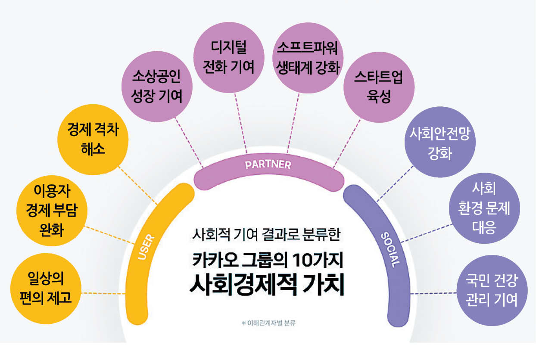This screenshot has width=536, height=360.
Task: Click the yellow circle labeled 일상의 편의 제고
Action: click(46, 289)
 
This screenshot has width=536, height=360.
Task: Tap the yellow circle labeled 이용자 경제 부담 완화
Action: click(52, 211)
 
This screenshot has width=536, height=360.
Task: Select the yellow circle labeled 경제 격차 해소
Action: click(93, 140)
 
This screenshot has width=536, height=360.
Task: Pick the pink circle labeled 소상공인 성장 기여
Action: click(157, 87)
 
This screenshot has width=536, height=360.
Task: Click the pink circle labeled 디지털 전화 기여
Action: click(229, 57)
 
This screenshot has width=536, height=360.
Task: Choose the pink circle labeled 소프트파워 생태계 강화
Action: click(308, 58)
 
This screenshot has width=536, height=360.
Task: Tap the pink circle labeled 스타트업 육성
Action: click(379, 87)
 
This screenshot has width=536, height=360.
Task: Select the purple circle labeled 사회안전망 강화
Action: click(440, 142)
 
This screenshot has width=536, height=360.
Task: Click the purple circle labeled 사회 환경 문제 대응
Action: click(485, 208)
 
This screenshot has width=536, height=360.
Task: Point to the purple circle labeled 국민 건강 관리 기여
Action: click(492, 290)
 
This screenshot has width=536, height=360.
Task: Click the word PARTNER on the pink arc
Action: click(268, 164)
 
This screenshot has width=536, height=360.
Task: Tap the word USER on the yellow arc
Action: click(146, 247)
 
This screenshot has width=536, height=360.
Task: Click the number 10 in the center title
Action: click(303, 260)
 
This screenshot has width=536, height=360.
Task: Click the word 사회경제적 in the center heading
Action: click(243, 284)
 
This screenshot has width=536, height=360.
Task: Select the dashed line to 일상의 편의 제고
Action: click(103, 293)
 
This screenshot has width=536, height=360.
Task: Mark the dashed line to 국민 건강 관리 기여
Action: click(433, 293)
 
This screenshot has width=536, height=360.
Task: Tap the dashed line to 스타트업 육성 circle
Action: click(347, 143)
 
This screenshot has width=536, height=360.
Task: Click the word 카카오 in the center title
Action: click(215, 260)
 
